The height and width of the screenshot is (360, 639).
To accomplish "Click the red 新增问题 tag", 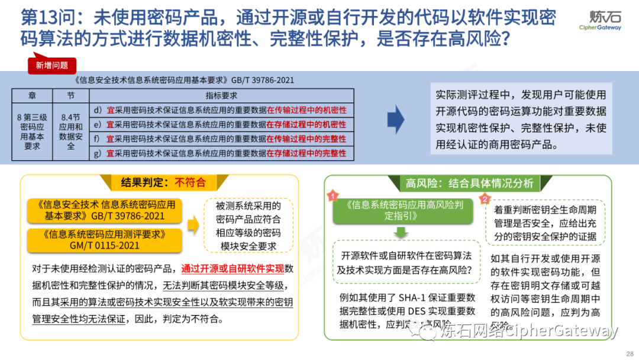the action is [52, 66].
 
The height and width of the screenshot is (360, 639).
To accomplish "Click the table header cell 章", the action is [31, 95].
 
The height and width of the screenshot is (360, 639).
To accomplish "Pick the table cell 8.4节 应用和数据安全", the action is [71, 131].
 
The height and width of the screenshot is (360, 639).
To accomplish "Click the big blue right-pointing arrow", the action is [396, 120].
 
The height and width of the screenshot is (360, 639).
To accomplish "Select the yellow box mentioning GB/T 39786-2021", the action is [104, 211].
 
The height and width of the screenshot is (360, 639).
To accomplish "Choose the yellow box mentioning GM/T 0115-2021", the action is [104, 239].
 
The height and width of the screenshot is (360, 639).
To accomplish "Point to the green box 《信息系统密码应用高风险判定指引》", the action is [401, 211].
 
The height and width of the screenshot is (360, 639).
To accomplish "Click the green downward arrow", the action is [401, 232].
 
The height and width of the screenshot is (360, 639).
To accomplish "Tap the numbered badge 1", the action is [333, 195].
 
